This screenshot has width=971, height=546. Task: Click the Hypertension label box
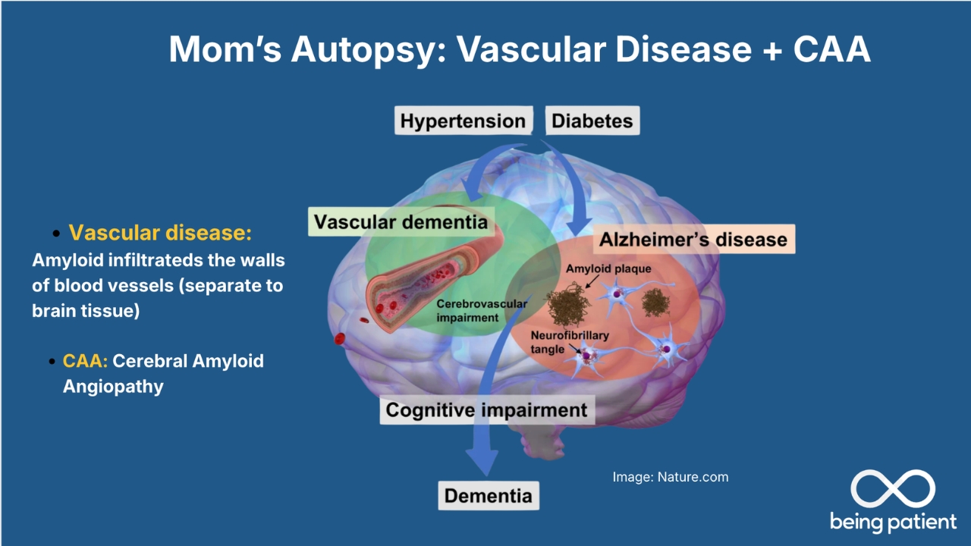coord(463,121)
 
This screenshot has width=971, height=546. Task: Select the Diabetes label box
coord(592,121)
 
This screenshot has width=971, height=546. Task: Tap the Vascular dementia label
coord(401,222)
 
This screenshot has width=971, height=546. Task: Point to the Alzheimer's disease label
coord(693,240)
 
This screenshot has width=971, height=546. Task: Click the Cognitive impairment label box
coord(486,411)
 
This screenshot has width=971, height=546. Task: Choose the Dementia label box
coord(488,497)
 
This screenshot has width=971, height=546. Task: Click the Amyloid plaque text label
coord(608,268)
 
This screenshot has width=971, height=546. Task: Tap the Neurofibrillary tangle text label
coord(560,342)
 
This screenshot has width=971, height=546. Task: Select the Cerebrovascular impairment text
coord(481,310)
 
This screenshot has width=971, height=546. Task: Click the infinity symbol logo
coord(892,488)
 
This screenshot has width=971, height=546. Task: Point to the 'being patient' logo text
coord(893,522)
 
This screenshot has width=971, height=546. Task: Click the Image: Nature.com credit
coord(670,477)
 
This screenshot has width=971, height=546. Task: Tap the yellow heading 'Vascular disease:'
coord(160,233)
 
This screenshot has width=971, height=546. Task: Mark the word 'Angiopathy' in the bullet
coord(113,386)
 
